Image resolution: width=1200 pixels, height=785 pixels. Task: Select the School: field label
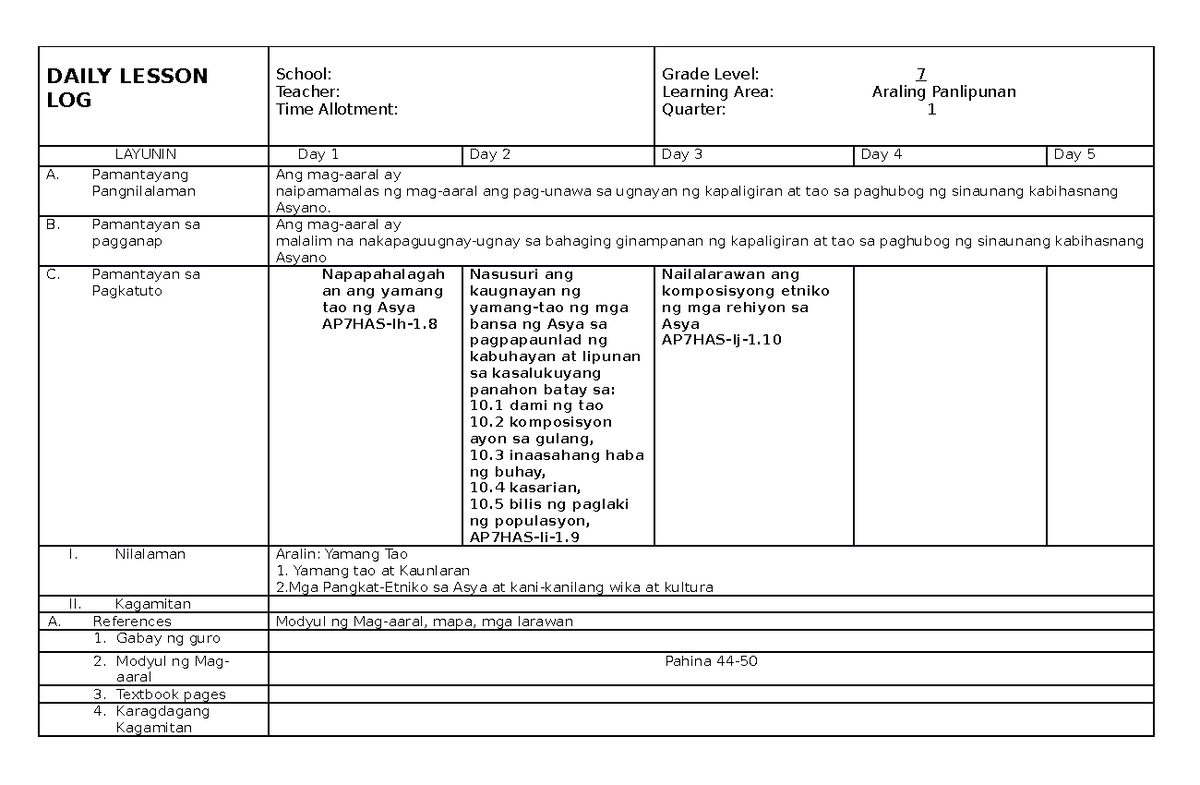(x=303, y=74)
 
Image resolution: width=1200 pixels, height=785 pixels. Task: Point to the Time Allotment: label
(x=336, y=109)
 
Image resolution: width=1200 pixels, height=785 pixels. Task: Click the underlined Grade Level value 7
(x=920, y=74)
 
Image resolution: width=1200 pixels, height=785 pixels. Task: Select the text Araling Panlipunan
(x=943, y=92)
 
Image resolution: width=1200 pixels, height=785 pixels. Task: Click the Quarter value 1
(x=931, y=110)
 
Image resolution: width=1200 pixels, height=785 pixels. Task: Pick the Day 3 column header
(x=682, y=154)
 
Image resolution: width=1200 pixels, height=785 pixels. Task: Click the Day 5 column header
(x=1074, y=154)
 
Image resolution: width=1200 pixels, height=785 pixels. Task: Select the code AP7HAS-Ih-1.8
(x=379, y=324)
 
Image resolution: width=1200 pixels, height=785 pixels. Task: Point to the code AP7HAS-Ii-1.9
(x=525, y=537)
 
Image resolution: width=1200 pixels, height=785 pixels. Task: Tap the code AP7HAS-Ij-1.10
(x=721, y=340)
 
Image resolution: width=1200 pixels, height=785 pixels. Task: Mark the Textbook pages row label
(x=170, y=694)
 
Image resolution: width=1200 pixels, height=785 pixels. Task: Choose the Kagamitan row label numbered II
(x=152, y=604)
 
